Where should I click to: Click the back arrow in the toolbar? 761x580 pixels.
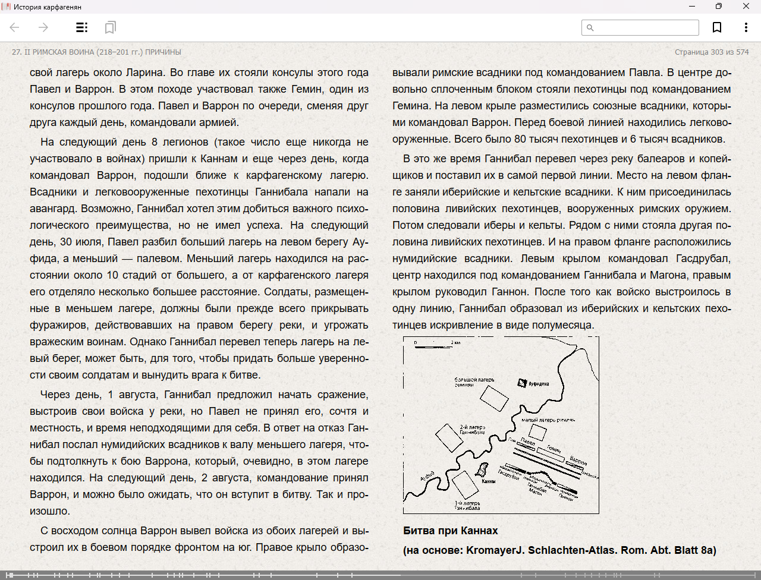[x=15, y=27]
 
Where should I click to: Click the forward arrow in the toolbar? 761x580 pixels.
[x=43, y=27]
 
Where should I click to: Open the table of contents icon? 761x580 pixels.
[x=82, y=27]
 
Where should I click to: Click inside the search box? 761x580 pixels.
[x=645, y=27]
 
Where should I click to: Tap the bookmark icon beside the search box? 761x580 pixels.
[x=717, y=27]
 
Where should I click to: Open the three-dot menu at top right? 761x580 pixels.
[x=746, y=27]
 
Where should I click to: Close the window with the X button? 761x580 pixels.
[x=746, y=7]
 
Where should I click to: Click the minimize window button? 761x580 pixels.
[x=692, y=7]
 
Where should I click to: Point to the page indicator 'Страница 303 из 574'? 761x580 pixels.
[x=712, y=52]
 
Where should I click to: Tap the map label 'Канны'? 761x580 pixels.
[x=489, y=481]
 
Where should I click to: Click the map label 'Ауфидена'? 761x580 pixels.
[x=539, y=384]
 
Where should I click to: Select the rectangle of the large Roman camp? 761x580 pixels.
[x=494, y=398]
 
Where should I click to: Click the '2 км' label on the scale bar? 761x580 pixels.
[x=456, y=343]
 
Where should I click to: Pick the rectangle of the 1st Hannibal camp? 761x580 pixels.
[x=466, y=486]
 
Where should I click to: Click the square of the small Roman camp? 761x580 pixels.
[x=537, y=432]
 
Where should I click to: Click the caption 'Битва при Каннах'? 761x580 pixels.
[x=450, y=531]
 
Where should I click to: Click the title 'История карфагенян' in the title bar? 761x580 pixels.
[x=48, y=7]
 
